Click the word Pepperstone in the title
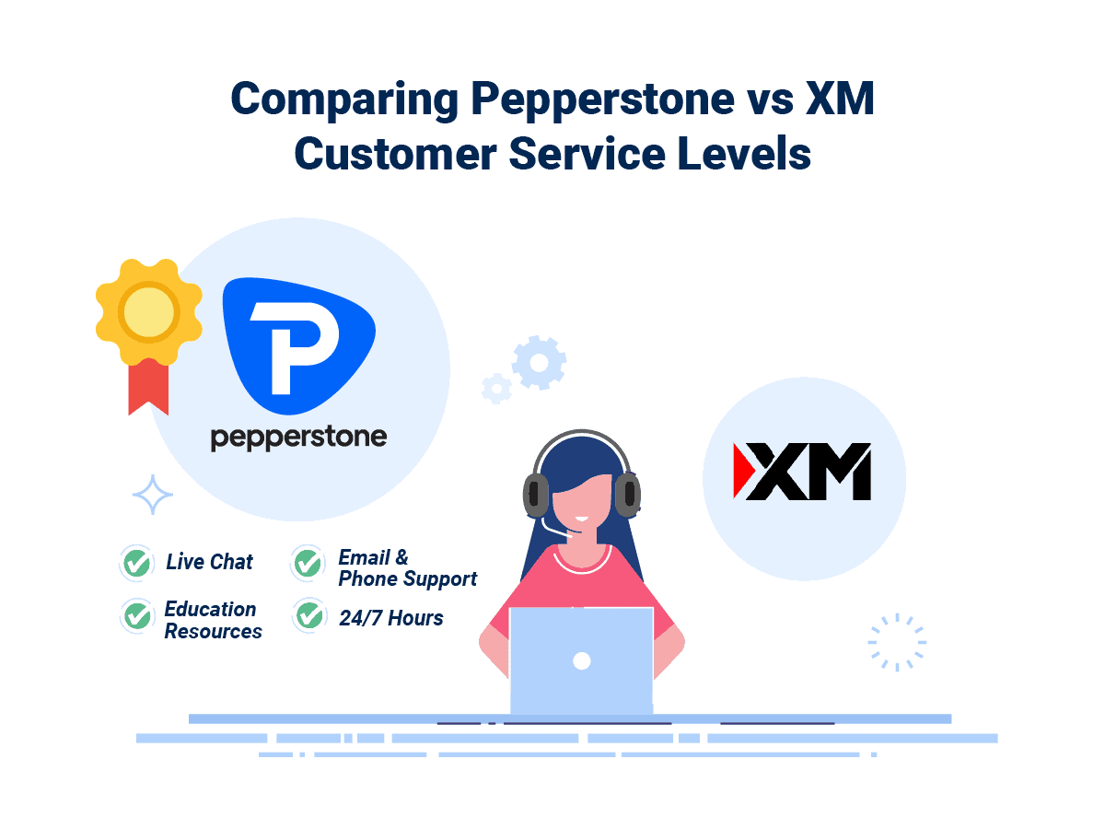pos(536,99)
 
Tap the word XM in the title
pos(839,99)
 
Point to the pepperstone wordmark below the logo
pos(298,437)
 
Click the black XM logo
pos(802,472)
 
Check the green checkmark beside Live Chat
pos(138,562)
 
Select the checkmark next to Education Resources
pos(138,615)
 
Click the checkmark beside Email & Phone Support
pos(308,562)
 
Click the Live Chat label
pos(209,562)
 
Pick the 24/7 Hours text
pos(390,618)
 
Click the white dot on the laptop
pos(581,660)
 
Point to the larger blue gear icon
pos(539,362)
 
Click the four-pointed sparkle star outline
pos(153,496)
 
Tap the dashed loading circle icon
pos(897,642)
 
